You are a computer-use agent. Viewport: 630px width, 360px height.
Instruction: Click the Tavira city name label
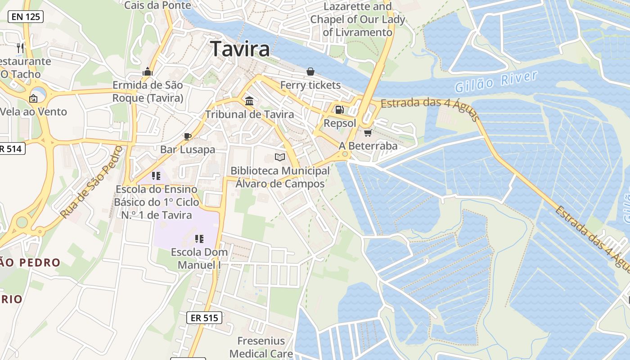[x=240, y=49]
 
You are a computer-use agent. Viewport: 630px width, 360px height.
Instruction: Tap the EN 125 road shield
[x=26, y=17]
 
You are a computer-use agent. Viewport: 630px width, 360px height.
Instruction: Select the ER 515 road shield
[x=204, y=318]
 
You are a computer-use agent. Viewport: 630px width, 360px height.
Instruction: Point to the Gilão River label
[x=496, y=81]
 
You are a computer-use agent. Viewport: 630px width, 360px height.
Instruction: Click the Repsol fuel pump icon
[x=340, y=109]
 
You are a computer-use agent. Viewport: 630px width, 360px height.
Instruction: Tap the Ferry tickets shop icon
[x=310, y=71]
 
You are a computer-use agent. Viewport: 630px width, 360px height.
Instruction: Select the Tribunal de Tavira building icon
[x=249, y=101]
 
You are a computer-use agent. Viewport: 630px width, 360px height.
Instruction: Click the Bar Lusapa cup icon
[x=188, y=136]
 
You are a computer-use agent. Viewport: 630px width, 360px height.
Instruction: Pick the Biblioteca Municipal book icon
[x=280, y=157]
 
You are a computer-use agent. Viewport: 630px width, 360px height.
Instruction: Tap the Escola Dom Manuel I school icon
[x=199, y=238]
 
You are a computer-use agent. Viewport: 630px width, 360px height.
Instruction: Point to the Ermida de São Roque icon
[x=148, y=72]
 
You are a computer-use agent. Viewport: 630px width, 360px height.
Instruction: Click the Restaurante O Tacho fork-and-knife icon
[x=20, y=48]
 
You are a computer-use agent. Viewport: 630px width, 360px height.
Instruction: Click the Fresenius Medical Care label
[x=261, y=347]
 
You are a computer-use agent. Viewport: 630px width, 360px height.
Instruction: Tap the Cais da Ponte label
[x=157, y=5]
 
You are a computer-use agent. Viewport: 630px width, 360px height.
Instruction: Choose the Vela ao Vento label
[x=34, y=112]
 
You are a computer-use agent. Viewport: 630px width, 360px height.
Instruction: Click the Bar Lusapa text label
[x=188, y=149]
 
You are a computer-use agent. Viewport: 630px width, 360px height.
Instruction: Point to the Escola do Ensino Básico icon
[x=156, y=175]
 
